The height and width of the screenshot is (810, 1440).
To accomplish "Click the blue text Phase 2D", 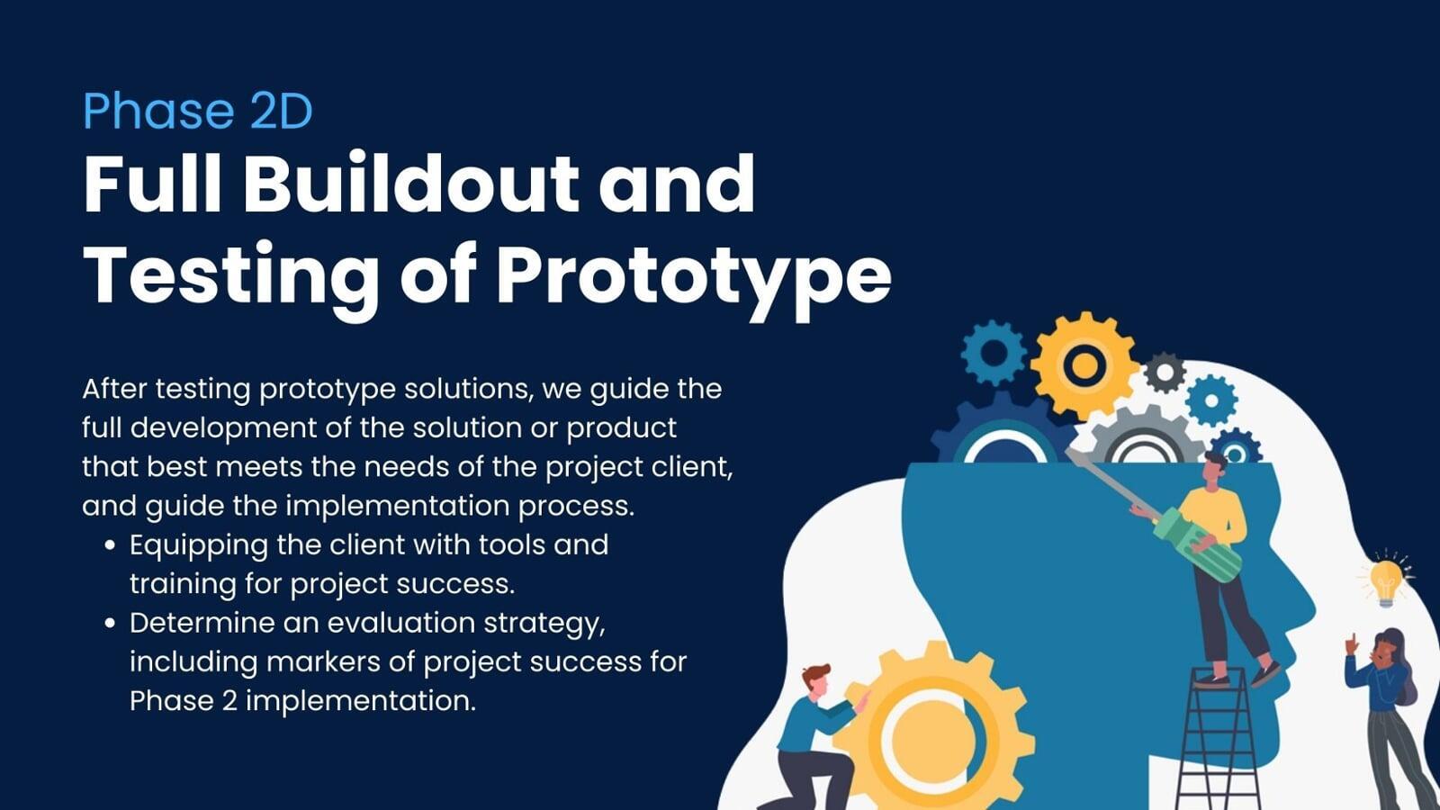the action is click(197, 111).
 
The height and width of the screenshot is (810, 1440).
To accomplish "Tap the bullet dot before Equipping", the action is click(110, 545).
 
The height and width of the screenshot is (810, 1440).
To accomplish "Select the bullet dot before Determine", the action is click(110, 623).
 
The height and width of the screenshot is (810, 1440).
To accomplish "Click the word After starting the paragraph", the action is click(114, 389).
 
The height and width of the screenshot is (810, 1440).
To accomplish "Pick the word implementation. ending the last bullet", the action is click(361, 701).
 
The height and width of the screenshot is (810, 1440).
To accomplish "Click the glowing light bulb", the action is click(1386, 580).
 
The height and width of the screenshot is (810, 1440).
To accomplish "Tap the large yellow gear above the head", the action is click(1084, 365).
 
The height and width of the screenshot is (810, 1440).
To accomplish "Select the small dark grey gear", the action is click(1165, 373).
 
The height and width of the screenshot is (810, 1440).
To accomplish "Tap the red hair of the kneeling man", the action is click(816, 674).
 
